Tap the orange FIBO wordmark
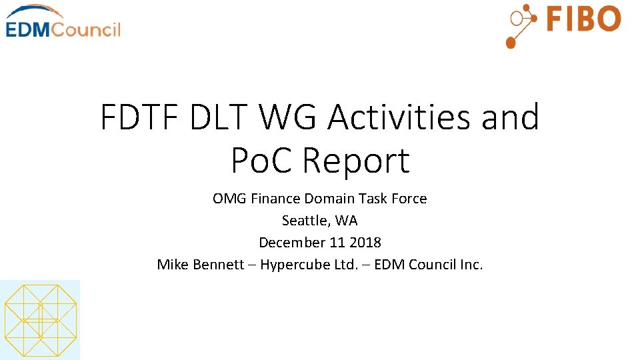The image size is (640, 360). click(583, 19)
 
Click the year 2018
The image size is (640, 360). click(364, 242)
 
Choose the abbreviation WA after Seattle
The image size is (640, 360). click(348, 220)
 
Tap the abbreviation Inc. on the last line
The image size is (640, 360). click(471, 264)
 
